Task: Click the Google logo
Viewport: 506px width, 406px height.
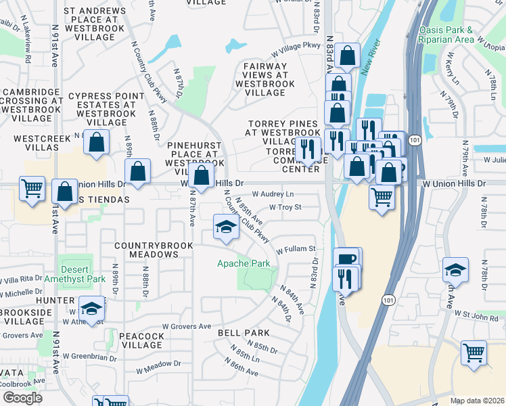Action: pos(22,398)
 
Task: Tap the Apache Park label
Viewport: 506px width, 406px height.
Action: pos(243,263)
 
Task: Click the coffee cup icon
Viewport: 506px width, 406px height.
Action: pos(347,259)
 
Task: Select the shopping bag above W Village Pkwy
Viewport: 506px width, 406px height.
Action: pos(347,55)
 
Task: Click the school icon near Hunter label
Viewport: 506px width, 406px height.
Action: pos(91,309)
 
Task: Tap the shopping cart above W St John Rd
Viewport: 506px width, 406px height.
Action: pos(474,353)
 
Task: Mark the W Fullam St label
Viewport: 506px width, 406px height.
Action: pos(296,249)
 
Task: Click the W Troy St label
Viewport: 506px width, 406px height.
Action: pos(285,207)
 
